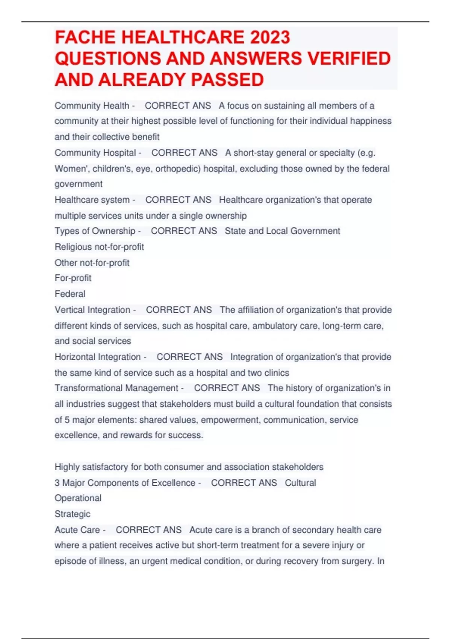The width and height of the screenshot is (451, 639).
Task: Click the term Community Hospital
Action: coord(95,153)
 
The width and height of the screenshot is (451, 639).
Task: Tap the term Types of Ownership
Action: coord(95,231)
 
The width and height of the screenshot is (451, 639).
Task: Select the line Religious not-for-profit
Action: coord(99,247)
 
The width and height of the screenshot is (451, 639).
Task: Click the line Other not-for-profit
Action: coord(92,262)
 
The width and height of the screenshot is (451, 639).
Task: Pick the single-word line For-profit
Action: coord(73,278)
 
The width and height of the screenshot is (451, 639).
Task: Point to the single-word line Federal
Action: coord(70,294)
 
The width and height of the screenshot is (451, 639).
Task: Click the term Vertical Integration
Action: coord(92,310)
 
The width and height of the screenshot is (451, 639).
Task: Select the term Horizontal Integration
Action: coord(98,357)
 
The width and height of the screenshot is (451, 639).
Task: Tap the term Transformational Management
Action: coord(117,388)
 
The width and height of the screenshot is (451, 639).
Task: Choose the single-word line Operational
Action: coord(78,498)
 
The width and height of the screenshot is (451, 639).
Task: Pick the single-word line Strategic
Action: coord(73,514)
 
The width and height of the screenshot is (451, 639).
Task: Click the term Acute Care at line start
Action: coord(77,530)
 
